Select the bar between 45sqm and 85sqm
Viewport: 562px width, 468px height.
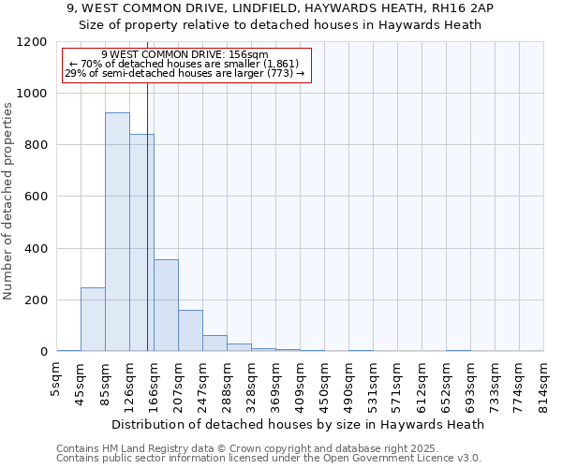coord(93,319)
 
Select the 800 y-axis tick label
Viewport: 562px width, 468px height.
coord(36,145)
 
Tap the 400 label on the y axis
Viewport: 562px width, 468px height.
coord(36,249)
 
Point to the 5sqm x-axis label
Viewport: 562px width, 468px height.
coord(57,378)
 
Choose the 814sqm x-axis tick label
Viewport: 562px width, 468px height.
coord(544,383)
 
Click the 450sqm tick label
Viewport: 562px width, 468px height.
coord(325,383)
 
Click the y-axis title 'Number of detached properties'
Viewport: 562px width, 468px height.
coord(8,201)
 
